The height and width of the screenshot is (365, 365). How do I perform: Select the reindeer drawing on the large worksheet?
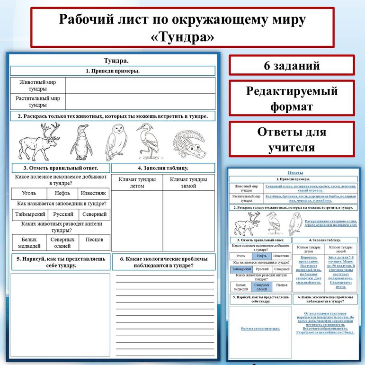(39, 142)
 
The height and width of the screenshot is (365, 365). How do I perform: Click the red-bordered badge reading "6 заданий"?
(292, 66)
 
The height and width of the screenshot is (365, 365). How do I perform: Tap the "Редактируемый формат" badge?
(292, 98)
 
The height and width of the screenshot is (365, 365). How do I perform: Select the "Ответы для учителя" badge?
(292, 139)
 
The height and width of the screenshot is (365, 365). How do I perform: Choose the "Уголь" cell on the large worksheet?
(29, 193)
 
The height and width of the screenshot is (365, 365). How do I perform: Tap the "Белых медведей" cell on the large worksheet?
(29, 242)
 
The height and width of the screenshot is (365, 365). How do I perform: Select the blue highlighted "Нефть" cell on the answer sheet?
(259, 256)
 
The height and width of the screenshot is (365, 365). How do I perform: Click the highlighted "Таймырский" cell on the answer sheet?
(240, 269)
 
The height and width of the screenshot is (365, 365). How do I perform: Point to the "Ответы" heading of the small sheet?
(295, 172)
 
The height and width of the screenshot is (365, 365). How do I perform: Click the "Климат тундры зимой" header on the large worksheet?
(188, 183)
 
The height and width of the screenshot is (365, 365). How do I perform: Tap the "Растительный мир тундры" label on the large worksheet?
(38, 102)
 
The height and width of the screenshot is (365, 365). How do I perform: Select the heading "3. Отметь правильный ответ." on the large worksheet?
(61, 168)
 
